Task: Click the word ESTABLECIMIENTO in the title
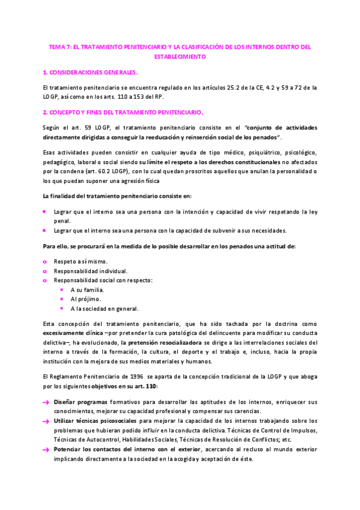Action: click(x=180, y=57)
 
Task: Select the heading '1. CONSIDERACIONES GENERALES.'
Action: click(x=90, y=72)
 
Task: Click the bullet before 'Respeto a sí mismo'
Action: click(x=45, y=262)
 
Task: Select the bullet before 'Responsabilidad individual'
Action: click(x=45, y=271)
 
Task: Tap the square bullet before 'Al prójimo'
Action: click(x=62, y=299)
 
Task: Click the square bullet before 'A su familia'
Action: click(x=62, y=289)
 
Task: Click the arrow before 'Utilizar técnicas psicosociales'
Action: click(x=46, y=422)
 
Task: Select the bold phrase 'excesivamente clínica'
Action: click(x=73, y=333)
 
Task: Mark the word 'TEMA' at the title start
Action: click(x=56, y=46)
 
